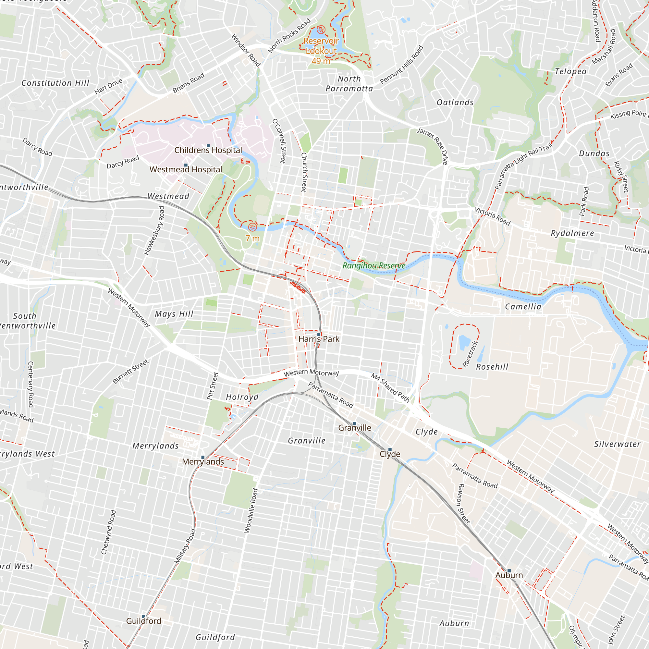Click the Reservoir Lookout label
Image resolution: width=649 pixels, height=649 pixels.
click(321, 46)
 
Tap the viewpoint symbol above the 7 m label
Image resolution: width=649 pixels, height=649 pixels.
click(252, 227)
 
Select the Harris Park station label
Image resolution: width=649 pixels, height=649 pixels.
click(319, 339)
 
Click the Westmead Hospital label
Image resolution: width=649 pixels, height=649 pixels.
click(186, 170)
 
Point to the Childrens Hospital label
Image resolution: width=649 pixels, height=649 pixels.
click(208, 150)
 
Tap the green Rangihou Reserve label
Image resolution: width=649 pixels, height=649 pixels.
click(374, 265)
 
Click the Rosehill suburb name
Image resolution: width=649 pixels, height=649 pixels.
click(492, 367)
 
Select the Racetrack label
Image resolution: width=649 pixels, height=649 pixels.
click(470, 354)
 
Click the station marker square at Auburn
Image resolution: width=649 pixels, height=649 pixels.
click(509, 571)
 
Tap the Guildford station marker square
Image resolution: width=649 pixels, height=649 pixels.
click(143, 617)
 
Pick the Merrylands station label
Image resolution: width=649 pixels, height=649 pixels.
click(203, 462)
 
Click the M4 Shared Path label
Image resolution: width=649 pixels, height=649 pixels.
click(390, 388)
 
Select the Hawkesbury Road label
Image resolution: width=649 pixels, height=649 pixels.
click(154, 231)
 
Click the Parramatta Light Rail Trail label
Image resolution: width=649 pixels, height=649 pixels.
click(524, 166)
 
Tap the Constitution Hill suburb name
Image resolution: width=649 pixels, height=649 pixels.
click(55, 83)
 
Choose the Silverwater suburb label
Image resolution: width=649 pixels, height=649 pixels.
click(617, 444)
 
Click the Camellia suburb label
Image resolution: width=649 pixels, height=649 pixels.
click(523, 307)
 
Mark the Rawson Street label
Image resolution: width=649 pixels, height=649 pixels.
click(464, 504)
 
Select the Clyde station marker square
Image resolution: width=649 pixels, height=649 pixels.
click(390, 449)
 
